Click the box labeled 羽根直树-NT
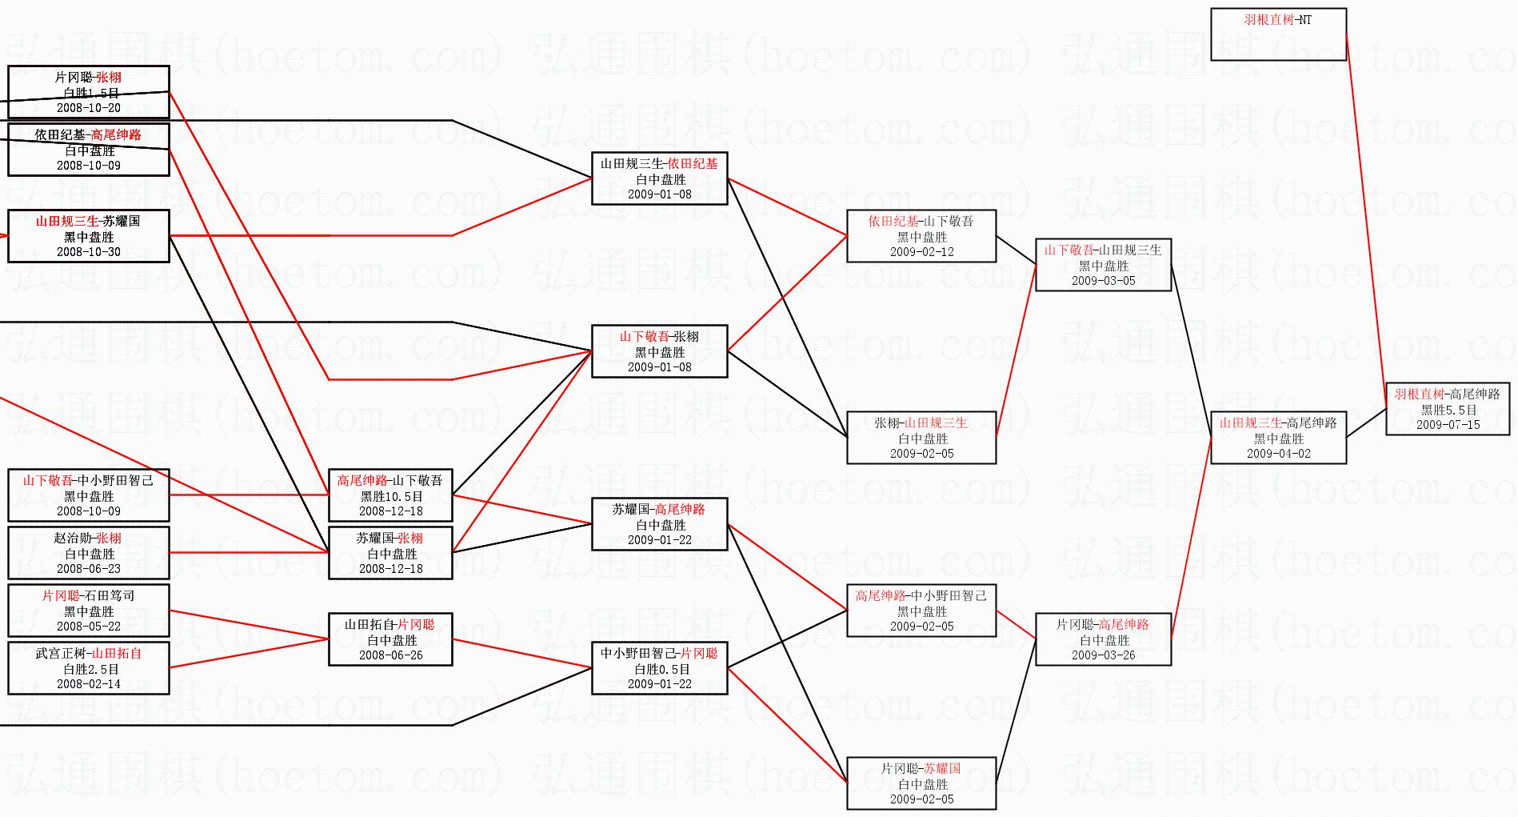pyautogui.click(x=1278, y=34)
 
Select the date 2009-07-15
pyautogui.click(x=1448, y=425)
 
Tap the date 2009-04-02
pyautogui.click(x=1278, y=454)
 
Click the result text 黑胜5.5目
pyautogui.click(x=1448, y=410)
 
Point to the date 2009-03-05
pyautogui.click(x=1103, y=281)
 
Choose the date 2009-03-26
pyautogui.click(x=1103, y=655)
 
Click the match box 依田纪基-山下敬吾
pyautogui.click(x=921, y=236)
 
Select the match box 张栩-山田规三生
pyautogui.click(x=921, y=438)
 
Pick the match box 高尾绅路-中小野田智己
pyautogui.click(x=921, y=611)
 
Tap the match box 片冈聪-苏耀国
pyautogui.click(x=921, y=783)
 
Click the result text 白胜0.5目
pyautogui.click(x=659, y=669)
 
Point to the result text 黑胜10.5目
pyautogui.click(x=390, y=496)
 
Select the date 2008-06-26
pyautogui.click(x=390, y=655)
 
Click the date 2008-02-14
pyautogui.click(x=89, y=684)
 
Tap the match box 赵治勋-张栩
pyautogui.click(x=89, y=552)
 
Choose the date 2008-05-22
pyautogui.click(x=89, y=627)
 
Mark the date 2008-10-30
pyautogui.click(x=89, y=252)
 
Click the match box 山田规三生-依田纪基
pyautogui.click(x=659, y=178)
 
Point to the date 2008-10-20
pyautogui.click(x=89, y=108)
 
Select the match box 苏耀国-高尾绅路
pyautogui.click(x=659, y=524)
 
